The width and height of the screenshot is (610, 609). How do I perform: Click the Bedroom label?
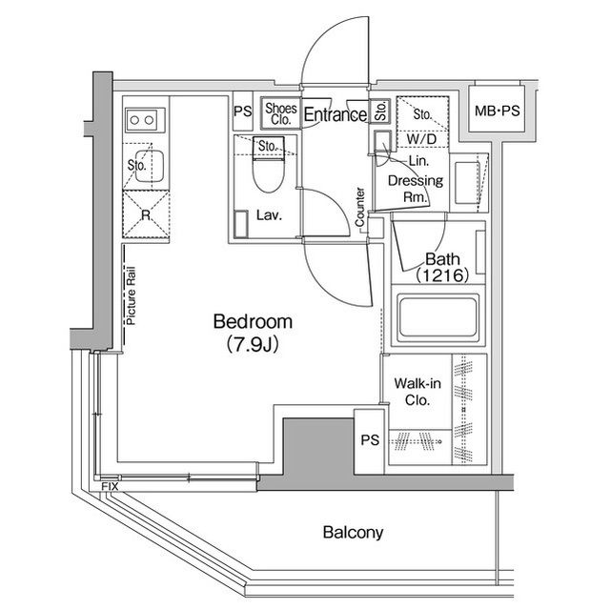[x=253, y=322]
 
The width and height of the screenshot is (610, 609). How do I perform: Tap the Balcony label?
[x=353, y=533]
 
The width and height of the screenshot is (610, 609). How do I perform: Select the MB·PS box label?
[x=497, y=112]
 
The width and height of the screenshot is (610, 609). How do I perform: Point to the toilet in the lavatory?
[x=268, y=164]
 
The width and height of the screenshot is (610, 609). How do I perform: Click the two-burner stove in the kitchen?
[x=142, y=120]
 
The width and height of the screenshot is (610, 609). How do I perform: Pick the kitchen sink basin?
[x=150, y=167]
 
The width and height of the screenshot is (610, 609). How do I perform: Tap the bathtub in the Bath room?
[x=438, y=315]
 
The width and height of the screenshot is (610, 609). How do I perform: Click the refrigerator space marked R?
[x=146, y=214]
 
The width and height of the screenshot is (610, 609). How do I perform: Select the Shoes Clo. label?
[x=281, y=113]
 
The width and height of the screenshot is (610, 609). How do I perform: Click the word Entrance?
[x=335, y=114]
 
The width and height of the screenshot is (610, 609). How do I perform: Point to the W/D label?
[x=421, y=139]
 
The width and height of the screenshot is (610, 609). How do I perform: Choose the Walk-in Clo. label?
[x=417, y=392]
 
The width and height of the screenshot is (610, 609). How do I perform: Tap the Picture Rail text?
[x=132, y=295]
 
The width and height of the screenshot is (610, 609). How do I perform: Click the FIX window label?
[x=110, y=486]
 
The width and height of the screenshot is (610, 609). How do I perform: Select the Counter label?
[x=360, y=207]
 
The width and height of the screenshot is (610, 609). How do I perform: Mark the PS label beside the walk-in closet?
[x=370, y=440]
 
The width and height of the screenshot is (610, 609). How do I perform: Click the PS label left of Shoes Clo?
[x=243, y=112]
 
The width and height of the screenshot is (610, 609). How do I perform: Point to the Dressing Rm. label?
[x=416, y=189]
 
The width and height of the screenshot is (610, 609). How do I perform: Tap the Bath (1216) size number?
[x=442, y=275]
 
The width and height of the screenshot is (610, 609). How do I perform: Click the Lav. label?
[x=269, y=215]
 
